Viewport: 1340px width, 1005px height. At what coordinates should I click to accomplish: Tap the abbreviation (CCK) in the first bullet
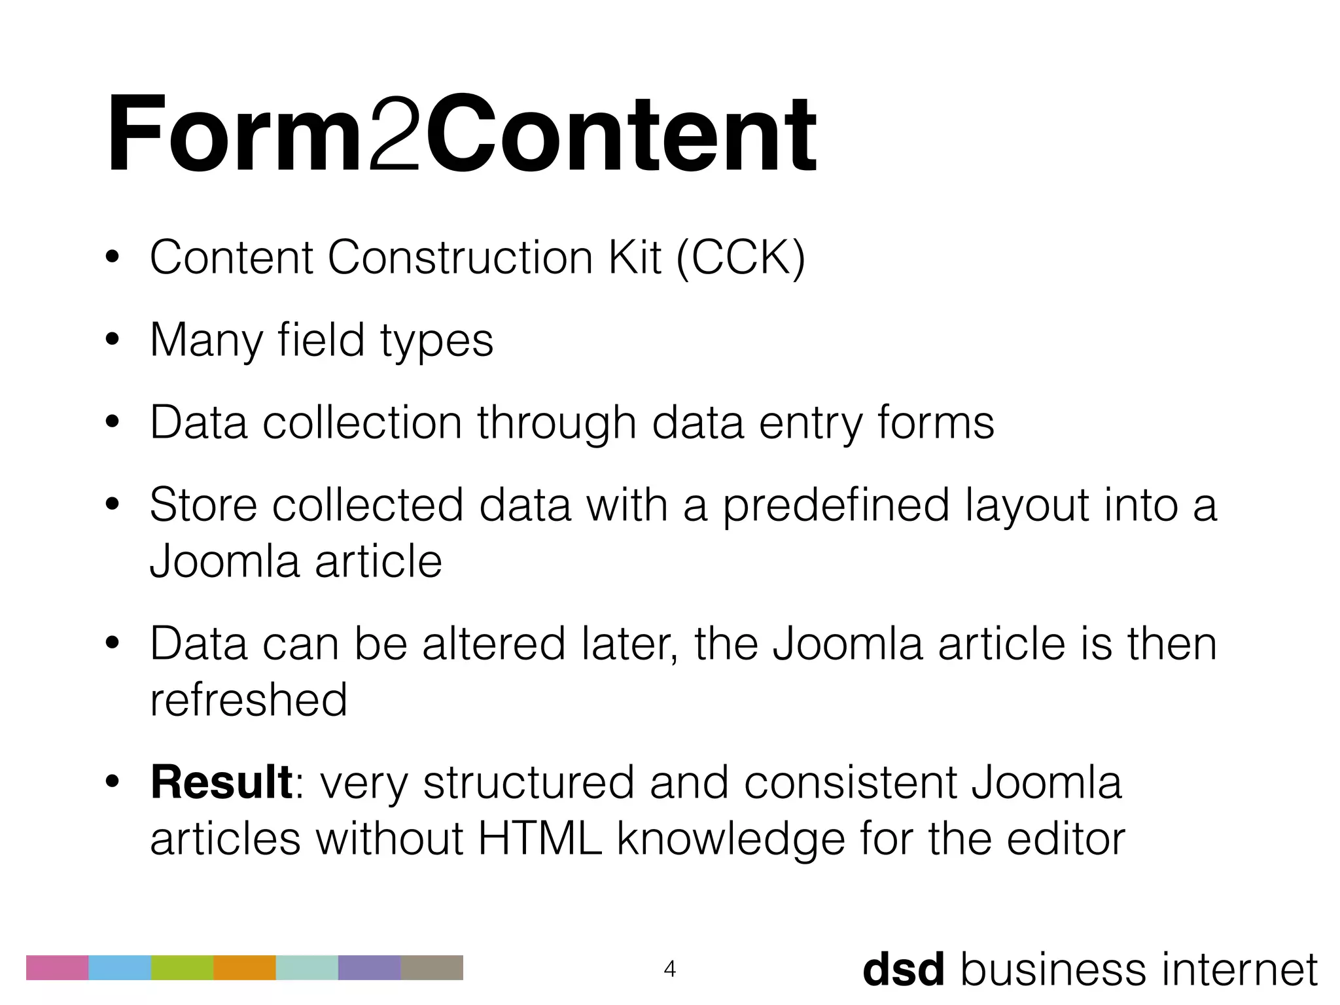tap(740, 258)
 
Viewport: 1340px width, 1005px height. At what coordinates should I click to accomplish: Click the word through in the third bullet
tap(556, 423)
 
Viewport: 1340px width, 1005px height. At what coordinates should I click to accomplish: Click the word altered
tap(493, 644)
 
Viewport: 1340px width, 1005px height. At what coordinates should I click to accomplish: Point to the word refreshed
tap(249, 699)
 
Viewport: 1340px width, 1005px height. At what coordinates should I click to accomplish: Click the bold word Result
tap(221, 783)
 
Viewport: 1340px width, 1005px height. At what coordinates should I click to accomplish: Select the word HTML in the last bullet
tap(540, 838)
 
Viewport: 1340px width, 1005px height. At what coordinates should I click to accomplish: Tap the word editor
tap(1066, 838)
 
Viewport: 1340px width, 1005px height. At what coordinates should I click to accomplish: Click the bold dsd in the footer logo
tap(904, 969)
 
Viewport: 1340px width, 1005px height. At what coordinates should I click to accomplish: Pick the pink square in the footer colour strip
tap(57, 968)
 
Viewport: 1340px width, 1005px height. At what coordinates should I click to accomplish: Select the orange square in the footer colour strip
tap(245, 968)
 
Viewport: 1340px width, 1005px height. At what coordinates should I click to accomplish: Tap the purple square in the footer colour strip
tap(369, 968)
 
